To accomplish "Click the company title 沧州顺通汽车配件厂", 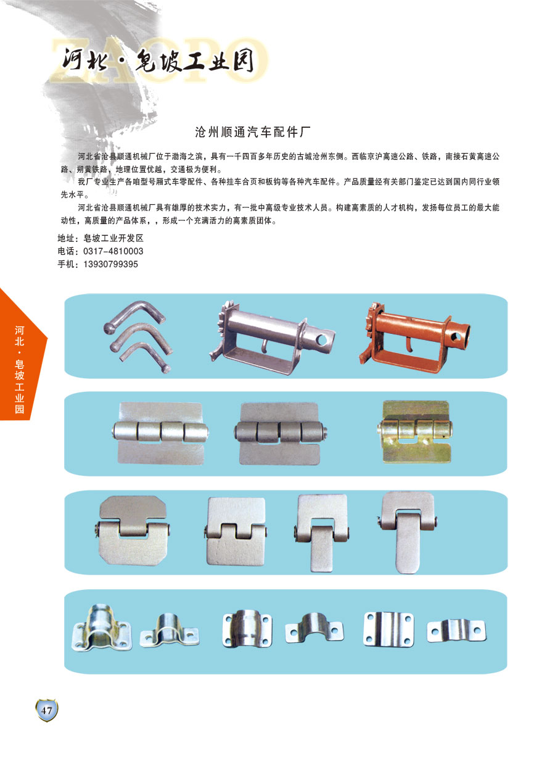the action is tap(253, 132).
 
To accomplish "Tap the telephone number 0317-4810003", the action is tap(113, 251).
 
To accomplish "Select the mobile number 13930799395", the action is tap(111, 264).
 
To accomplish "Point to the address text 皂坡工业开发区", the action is tap(113, 238).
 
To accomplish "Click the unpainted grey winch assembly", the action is tap(271, 337).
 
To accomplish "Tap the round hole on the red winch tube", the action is tap(456, 336).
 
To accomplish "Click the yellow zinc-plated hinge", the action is tap(415, 431).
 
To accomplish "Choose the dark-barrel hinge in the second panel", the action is tap(281, 434).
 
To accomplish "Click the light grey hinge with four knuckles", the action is tap(160, 433).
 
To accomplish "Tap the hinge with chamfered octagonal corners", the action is tap(133, 531).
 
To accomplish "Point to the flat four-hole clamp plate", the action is tap(388, 629).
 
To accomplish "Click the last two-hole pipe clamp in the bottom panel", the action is tap(456, 631).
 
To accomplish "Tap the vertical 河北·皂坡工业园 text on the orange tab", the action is tap(19, 370).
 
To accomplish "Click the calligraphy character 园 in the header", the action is tap(244, 60).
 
